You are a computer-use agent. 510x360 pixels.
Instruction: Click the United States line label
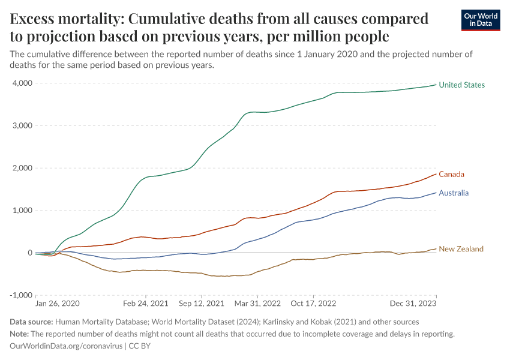pyautogui.click(x=461, y=85)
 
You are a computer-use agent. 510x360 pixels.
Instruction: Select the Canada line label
pyautogui.click(x=451, y=175)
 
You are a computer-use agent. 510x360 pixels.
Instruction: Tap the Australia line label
pyautogui.click(x=454, y=193)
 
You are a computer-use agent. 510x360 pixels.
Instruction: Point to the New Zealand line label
pyautogui.click(x=461, y=249)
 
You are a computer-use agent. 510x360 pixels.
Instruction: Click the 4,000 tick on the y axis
pyautogui.click(x=22, y=83)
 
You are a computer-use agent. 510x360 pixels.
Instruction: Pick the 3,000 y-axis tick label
pyautogui.click(x=22, y=126)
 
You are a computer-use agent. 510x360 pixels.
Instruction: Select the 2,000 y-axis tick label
pyautogui.click(x=22, y=168)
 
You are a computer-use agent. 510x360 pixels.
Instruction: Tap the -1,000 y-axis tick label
pyautogui.click(x=20, y=295)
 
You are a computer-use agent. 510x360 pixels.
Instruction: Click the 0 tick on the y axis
pyautogui.click(x=29, y=253)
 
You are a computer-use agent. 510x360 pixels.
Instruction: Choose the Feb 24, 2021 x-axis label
pyautogui.click(x=146, y=304)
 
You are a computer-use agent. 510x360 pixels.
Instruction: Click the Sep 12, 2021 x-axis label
pyautogui.click(x=201, y=304)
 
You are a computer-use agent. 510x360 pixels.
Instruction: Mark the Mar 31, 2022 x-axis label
pyautogui.click(x=257, y=304)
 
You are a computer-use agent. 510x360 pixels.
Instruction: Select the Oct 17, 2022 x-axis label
pyautogui.click(x=314, y=304)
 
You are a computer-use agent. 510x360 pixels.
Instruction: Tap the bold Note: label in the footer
pyautogui.click(x=22, y=334)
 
